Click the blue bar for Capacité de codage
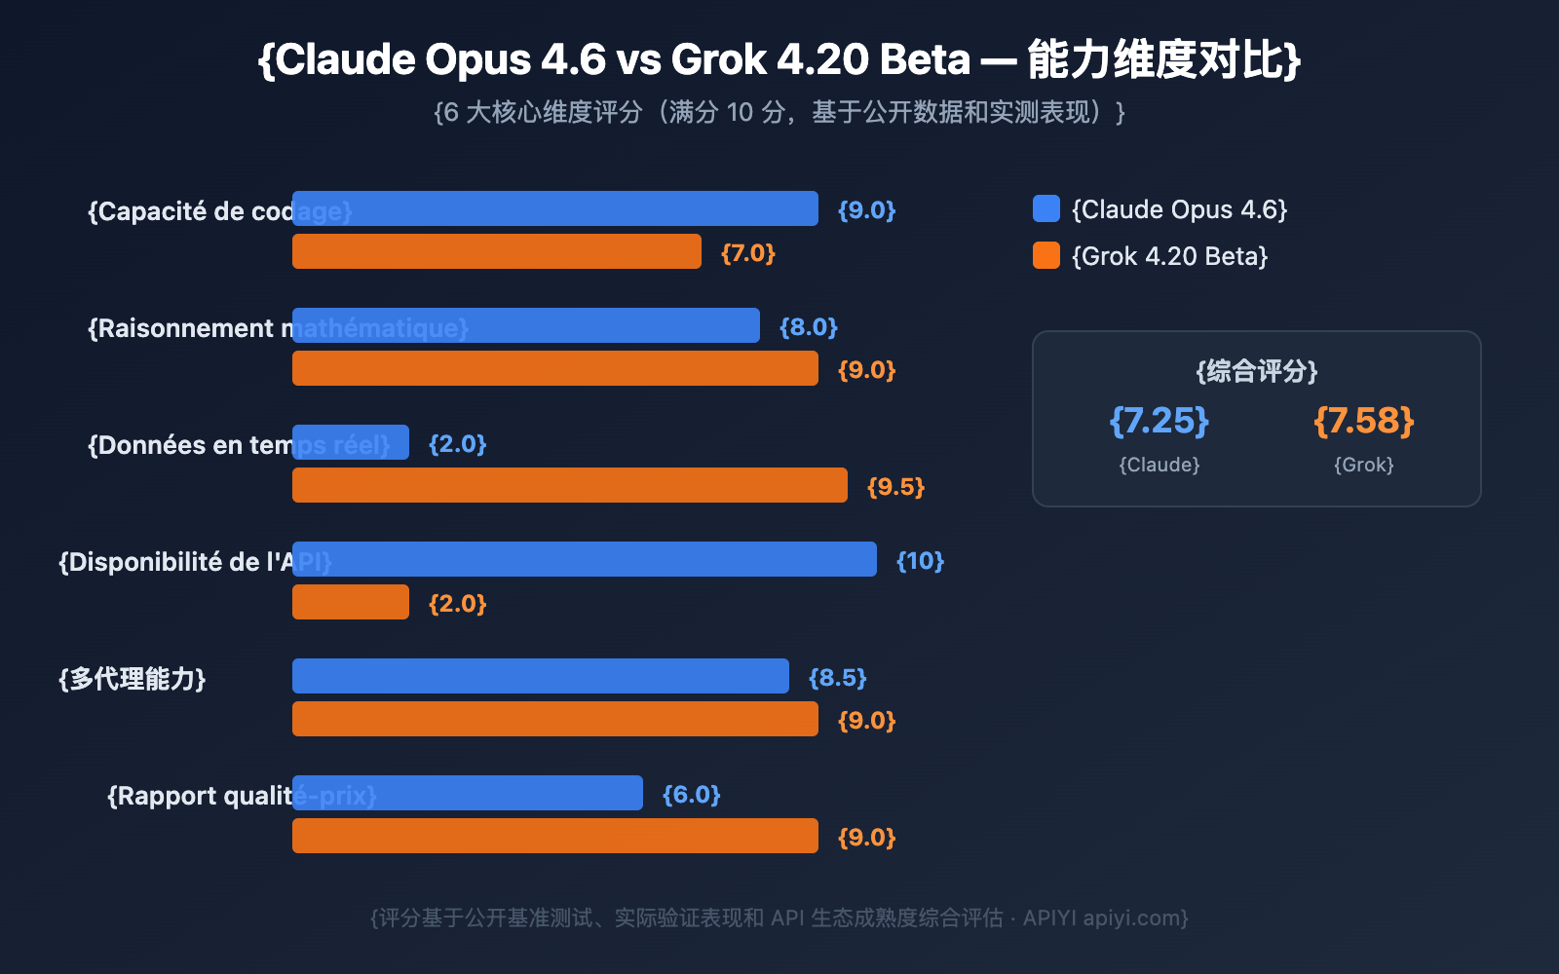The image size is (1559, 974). [x=555, y=208]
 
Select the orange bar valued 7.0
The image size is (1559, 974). [x=497, y=251]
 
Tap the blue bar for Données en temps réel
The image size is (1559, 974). [x=351, y=442]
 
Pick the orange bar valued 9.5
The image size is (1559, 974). [x=570, y=485]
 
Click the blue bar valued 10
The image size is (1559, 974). [x=585, y=559]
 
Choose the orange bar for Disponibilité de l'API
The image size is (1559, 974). [x=351, y=602]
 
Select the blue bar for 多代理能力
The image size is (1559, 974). [x=541, y=676]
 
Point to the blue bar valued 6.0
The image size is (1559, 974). [x=468, y=793]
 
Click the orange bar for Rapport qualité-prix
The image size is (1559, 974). [x=555, y=836]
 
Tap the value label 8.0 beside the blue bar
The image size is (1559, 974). [x=809, y=327]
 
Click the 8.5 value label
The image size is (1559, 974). [x=838, y=678]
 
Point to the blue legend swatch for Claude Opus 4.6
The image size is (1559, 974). [x=1046, y=208]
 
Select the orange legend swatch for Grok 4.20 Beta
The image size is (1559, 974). [x=1046, y=255]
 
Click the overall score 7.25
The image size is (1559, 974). [x=1160, y=421]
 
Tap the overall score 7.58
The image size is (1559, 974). [x=1364, y=421]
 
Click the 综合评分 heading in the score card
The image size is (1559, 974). [x=1257, y=371]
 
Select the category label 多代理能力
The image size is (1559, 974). [x=133, y=679]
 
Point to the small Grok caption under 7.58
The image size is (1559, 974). [x=1364, y=465]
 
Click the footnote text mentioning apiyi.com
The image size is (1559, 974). [x=779, y=918]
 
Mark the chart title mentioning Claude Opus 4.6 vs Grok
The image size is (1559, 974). [x=779, y=60]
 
